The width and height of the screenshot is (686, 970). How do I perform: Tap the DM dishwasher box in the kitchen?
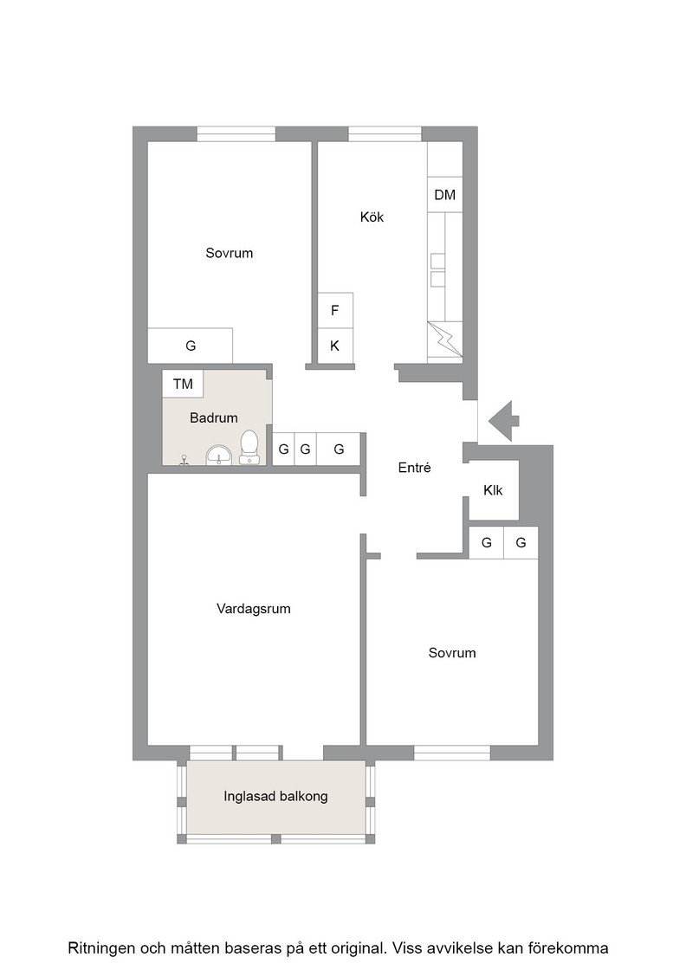(444, 195)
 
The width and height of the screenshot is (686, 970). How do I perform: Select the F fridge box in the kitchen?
(335, 311)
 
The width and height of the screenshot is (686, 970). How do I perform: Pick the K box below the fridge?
(335, 346)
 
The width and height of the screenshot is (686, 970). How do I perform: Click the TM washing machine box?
(183, 384)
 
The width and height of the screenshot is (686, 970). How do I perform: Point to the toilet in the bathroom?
(249, 447)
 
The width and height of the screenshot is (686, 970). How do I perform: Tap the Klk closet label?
(493, 490)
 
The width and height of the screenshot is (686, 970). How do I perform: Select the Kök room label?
(372, 217)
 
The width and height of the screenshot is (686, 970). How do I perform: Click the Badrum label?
(213, 418)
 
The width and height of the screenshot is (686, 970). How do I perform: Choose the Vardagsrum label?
(254, 609)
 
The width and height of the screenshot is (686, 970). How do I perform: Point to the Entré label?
(414, 468)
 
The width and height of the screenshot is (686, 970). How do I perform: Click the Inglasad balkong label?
(276, 796)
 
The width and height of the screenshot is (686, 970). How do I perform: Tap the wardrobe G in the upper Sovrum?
(190, 346)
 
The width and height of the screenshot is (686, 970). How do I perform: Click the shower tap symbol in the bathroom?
(184, 460)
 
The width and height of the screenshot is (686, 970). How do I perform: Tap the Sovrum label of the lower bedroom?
(452, 653)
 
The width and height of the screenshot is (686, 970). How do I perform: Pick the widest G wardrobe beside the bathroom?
(339, 449)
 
